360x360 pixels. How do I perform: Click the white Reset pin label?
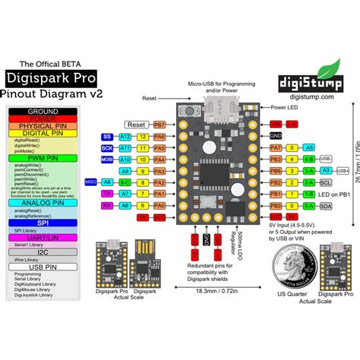tap(137, 124)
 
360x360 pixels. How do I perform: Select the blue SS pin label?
tap(107, 136)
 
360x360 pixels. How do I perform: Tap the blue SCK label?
tap(107, 148)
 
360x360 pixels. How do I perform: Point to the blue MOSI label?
tap(107, 160)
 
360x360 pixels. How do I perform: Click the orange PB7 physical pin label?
tap(159, 124)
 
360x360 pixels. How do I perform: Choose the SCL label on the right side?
tap(326, 183)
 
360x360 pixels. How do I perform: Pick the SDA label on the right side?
tap(326, 207)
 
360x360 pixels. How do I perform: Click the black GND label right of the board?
tap(276, 135)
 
